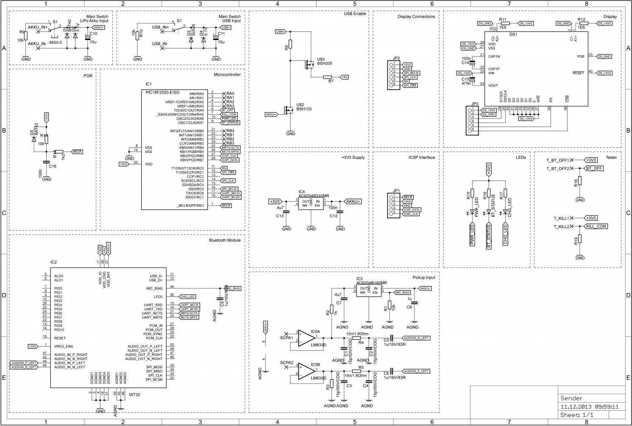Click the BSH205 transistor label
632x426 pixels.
(x=324, y=63)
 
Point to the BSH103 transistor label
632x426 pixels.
(x=304, y=109)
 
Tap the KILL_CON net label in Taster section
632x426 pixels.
(x=596, y=226)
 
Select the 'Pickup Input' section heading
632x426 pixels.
(x=423, y=277)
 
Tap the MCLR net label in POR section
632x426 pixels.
(x=77, y=152)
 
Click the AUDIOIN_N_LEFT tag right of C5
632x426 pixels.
(x=417, y=338)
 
